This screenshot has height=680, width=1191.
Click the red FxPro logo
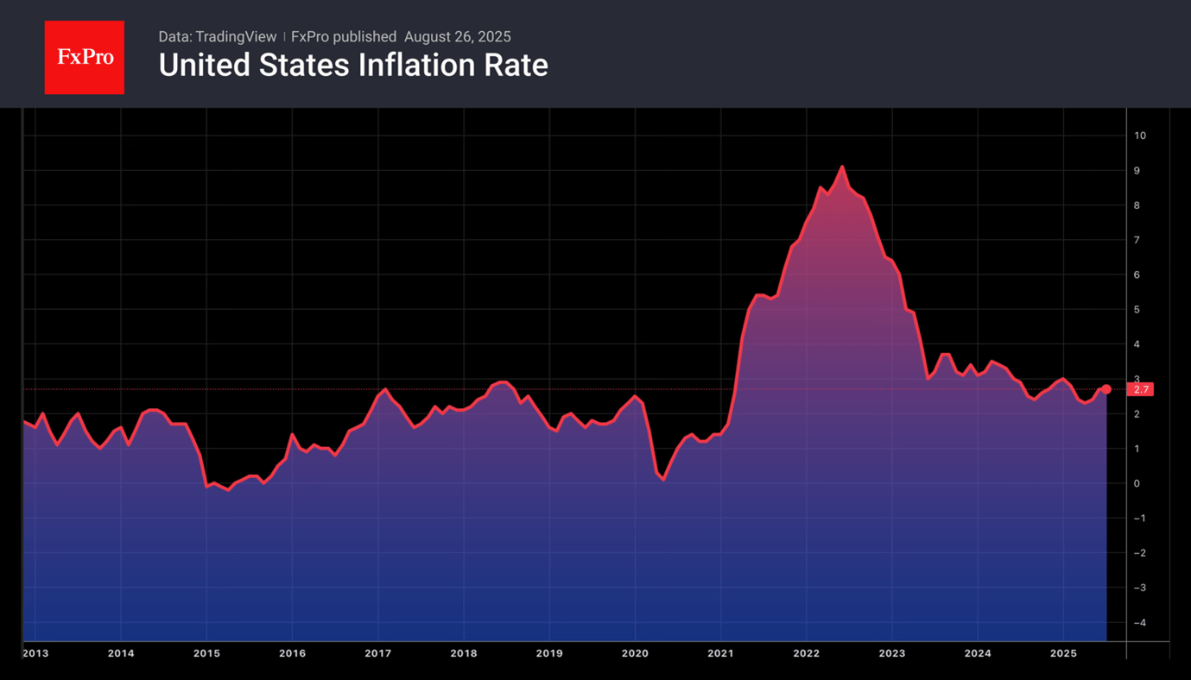(x=85, y=58)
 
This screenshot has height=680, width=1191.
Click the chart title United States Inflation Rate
(x=353, y=66)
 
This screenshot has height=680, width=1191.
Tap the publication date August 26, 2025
(x=458, y=36)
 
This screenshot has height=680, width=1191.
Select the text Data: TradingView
(x=218, y=36)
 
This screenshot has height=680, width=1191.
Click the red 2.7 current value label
(x=1141, y=390)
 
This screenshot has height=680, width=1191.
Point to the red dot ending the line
(x=1106, y=389)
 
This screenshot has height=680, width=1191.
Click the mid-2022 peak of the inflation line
(x=841, y=167)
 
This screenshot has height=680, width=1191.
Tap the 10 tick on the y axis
(x=1140, y=135)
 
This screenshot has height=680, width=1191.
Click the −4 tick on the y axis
(x=1140, y=623)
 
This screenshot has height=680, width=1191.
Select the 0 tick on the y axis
(x=1137, y=483)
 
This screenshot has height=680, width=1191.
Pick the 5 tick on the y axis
(x=1137, y=310)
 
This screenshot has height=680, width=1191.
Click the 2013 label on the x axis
(x=35, y=653)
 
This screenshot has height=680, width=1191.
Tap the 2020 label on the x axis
(x=635, y=653)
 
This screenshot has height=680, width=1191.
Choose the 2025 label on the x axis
(x=1063, y=653)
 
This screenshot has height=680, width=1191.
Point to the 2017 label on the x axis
(x=377, y=653)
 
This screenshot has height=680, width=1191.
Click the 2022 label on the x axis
(x=806, y=653)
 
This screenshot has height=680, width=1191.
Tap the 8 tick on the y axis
(x=1137, y=205)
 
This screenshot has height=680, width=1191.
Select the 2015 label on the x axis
(x=206, y=653)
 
